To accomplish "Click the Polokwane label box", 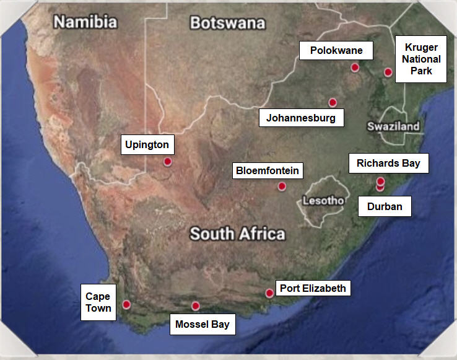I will tap(331, 50).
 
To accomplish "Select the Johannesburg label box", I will tap(301, 118).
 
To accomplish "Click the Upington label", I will tap(147, 145).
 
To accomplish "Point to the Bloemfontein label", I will tap(268, 170).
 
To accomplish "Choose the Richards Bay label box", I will tap(388, 163).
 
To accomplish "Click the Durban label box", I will tap(385, 206).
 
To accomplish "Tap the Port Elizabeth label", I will tap(313, 288).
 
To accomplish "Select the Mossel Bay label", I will tap(202, 324).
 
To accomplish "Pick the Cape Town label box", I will tap(98, 302).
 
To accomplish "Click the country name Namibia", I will tap(85, 22).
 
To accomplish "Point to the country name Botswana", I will tap(227, 23).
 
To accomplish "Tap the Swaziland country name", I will tap(393, 126).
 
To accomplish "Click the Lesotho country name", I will tap(323, 201).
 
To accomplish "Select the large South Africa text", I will tap(237, 234).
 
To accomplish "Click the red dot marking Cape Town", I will tap(126, 304).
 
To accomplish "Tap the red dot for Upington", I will tap(167, 162).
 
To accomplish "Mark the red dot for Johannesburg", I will tap(333, 102).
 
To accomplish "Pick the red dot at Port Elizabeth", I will tap(269, 293).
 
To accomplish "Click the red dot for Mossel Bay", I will tap(196, 305).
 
